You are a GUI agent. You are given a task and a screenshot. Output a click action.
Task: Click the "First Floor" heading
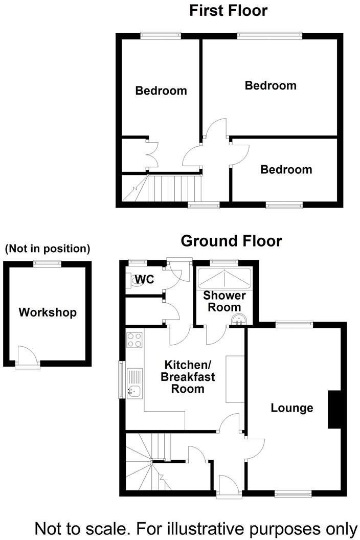229,10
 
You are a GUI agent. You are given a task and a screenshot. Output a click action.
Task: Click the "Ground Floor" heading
231,240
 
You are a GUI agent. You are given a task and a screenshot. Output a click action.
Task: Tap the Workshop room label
48,312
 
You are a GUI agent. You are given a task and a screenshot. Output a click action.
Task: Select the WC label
145,280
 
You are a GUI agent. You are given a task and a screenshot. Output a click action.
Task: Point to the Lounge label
292,408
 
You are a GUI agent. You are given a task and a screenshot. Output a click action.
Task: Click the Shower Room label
224,301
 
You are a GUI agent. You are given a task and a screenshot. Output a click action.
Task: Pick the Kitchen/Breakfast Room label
188,377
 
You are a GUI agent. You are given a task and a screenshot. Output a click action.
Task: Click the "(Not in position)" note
47,249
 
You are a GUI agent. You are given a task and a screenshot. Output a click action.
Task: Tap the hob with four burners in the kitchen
134,340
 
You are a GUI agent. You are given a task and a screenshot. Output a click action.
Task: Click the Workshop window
48,263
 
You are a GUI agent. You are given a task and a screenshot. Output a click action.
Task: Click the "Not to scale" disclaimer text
195,527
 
